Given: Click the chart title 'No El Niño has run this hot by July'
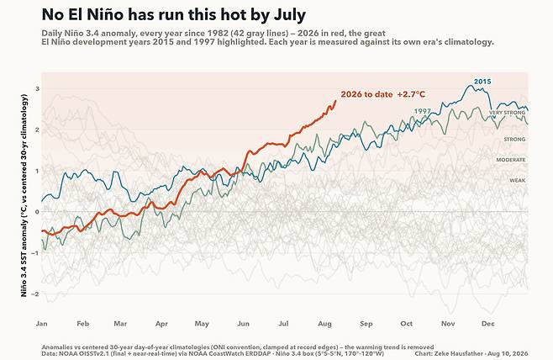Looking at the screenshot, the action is pyautogui.click(x=173, y=15).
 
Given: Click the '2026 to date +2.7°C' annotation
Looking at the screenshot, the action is pyautogui.click(x=383, y=94).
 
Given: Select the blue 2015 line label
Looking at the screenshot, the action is pyautogui.click(x=482, y=82).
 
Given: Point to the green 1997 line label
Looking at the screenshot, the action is pyautogui.click(x=422, y=111).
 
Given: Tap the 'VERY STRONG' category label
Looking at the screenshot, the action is pyautogui.click(x=507, y=113).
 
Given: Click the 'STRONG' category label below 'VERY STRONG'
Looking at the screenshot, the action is pyautogui.click(x=514, y=140).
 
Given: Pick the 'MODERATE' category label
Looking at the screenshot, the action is pyautogui.click(x=511, y=160).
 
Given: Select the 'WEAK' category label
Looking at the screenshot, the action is pyautogui.click(x=518, y=180).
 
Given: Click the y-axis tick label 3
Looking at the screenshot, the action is pyautogui.click(x=37, y=88).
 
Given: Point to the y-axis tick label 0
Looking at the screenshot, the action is pyautogui.click(x=37, y=212).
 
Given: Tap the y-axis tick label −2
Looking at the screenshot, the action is pyautogui.click(x=36, y=294).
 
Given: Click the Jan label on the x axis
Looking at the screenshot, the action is pyautogui.click(x=42, y=324).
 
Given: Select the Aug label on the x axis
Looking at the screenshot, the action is pyautogui.click(x=324, y=324).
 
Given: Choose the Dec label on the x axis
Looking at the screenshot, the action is pyautogui.click(x=488, y=324).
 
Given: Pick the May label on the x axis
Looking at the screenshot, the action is pyautogui.click(x=202, y=324).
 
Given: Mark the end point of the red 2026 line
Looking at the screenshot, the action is pyautogui.click(x=335, y=101).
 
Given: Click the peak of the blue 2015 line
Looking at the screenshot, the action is pyautogui.click(x=471, y=86).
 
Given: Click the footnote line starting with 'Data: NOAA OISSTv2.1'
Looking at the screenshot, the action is pyautogui.click(x=213, y=353).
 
